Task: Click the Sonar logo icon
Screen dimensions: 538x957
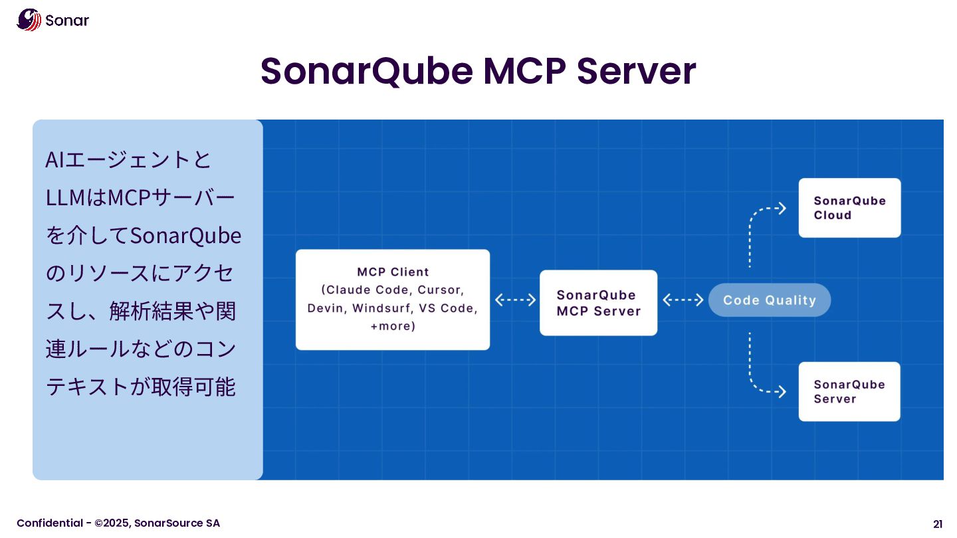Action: pyautogui.click(x=29, y=19)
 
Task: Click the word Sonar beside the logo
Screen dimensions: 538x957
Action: pyautogui.click(x=67, y=21)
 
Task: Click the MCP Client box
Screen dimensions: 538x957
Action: pyautogui.click(x=392, y=299)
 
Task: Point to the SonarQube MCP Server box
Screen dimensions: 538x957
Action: pyautogui.click(x=598, y=303)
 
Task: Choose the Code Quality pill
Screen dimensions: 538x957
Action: pyautogui.click(x=769, y=300)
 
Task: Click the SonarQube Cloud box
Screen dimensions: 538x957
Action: pyautogui.click(x=849, y=208)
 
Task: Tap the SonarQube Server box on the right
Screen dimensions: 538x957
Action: pyautogui.click(x=849, y=391)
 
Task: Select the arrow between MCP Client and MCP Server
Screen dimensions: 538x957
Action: pyautogui.click(x=515, y=300)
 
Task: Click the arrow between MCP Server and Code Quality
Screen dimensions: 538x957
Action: pyautogui.click(x=683, y=300)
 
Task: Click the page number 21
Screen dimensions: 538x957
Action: pyautogui.click(x=938, y=523)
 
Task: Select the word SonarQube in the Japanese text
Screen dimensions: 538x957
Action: pyautogui.click(x=185, y=236)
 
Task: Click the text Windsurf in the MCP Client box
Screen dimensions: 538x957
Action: pyautogui.click(x=377, y=308)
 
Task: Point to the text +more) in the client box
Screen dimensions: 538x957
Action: pyautogui.click(x=393, y=326)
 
